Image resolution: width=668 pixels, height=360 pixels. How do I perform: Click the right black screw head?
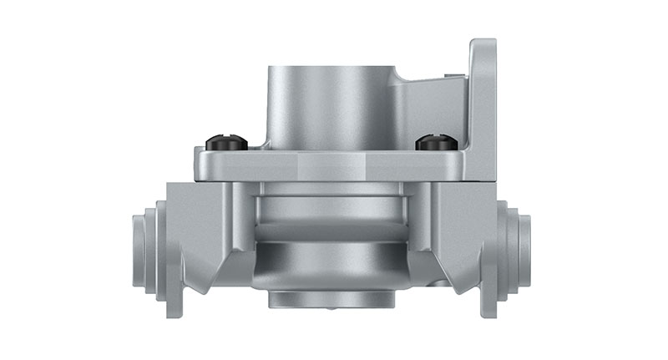coord(435,143)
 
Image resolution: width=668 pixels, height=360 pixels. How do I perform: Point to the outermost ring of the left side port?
coord(138,251)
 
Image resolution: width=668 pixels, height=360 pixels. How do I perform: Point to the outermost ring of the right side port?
coord(526,251)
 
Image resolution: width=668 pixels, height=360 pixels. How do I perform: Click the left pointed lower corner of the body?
coord(200,284)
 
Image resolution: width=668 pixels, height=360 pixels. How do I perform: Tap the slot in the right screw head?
coord(435,140)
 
